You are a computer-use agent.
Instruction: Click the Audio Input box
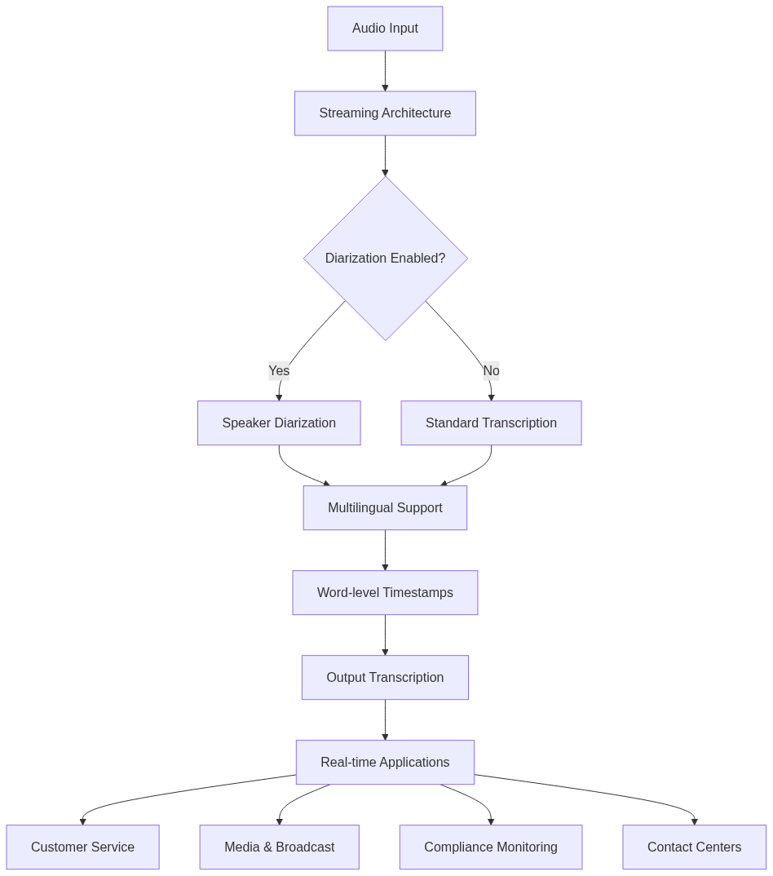pyautogui.click(x=385, y=29)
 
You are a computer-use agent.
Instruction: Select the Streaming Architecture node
pyautogui.click(x=385, y=113)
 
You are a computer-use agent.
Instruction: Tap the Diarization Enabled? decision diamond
pyautogui.click(x=385, y=259)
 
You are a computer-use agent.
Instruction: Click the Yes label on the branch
pyautogui.click(x=279, y=371)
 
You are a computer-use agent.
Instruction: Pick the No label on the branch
pyautogui.click(x=491, y=371)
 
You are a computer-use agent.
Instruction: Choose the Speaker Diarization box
pyautogui.click(x=279, y=423)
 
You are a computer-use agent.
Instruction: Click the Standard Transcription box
pyautogui.click(x=491, y=423)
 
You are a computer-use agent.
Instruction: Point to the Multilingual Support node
pyautogui.click(x=385, y=508)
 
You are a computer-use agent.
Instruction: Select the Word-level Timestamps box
pyautogui.click(x=385, y=593)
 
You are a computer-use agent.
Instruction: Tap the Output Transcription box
pyautogui.click(x=385, y=678)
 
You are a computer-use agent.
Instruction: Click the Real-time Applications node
pyautogui.click(x=385, y=763)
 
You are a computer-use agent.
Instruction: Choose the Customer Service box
pyautogui.click(x=82, y=847)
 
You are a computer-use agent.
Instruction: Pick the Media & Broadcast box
pyautogui.click(x=279, y=847)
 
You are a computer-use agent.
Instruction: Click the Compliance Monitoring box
pyautogui.click(x=491, y=847)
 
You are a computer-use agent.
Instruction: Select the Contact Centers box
pyautogui.click(x=694, y=847)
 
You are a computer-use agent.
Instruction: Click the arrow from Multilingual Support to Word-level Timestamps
pyautogui.click(x=385, y=551)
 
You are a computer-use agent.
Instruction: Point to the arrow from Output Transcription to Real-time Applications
pyautogui.click(x=385, y=719)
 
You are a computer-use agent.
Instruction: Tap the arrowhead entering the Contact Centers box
pyautogui.click(x=695, y=821)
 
